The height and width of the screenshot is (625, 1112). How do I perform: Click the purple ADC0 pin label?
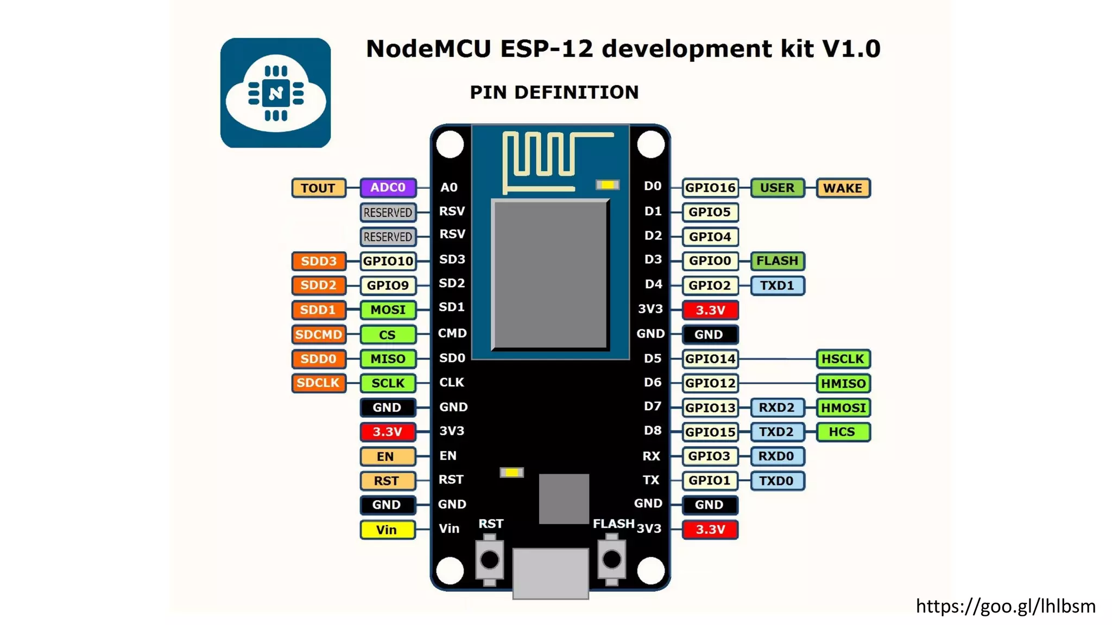click(x=388, y=188)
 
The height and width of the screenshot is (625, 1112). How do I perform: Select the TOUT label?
click(x=318, y=188)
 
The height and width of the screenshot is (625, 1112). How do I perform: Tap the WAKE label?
click(x=843, y=188)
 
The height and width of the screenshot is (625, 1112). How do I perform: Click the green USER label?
click(x=777, y=188)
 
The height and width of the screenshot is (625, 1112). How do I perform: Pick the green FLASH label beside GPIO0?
click(x=777, y=261)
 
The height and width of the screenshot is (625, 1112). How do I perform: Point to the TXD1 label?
click(x=777, y=285)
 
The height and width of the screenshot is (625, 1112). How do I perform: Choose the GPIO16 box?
click(x=710, y=188)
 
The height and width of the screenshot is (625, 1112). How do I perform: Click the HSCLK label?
click(x=843, y=359)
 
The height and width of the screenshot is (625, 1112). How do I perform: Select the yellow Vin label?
click(x=387, y=530)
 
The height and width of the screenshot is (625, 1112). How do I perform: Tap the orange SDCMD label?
click(x=318, y=334)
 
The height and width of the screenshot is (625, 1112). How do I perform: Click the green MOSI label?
click(x=388, y=310)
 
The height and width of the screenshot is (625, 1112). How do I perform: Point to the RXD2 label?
click(x=777, y=407)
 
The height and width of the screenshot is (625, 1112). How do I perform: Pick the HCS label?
click(x=843, y=432)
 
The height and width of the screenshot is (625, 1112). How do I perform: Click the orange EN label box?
click(x=387, y=456)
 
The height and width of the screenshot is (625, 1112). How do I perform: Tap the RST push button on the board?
click(x=490, y=559)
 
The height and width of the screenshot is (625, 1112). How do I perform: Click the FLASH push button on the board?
click(x=612, y=559)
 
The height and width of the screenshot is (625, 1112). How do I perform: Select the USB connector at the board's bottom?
click(x=551, y=573)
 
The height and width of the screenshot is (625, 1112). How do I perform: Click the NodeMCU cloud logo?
click(x=276, y=93)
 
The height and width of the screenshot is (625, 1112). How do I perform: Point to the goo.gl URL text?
click(x=1006, y=606)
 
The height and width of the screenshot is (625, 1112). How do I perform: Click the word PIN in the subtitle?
click(x=489, y=92)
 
